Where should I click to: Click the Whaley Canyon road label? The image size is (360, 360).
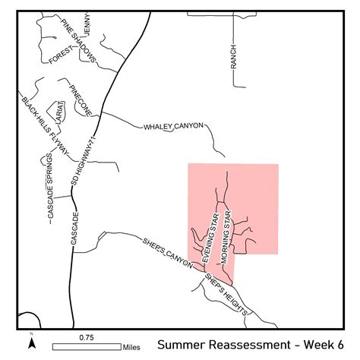click(174, 127)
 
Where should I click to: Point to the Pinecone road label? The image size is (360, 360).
click(79, 100)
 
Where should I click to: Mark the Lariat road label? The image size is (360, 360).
click(58, 112)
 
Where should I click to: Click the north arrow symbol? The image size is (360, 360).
click(31, 342)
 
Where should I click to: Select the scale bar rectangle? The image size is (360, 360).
click(87, 346)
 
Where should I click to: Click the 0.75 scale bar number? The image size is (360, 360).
click(86, 336)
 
